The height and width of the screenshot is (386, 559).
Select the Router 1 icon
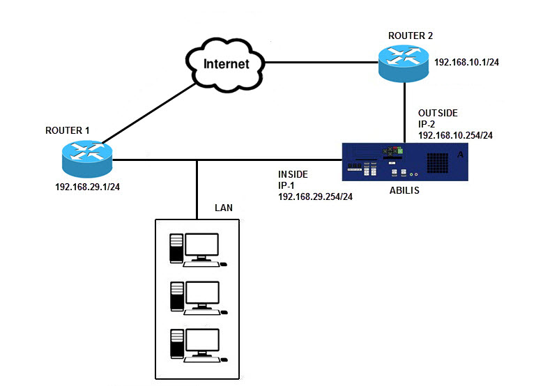tap(87, 158)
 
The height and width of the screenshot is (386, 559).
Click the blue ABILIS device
tap(404, 162)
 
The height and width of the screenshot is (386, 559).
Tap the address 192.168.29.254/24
tap(315, 197)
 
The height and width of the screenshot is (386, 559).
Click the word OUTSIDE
tap(438, 112)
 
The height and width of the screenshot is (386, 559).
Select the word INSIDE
tap(293, 173)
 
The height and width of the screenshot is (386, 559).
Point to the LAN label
tap(224, 208)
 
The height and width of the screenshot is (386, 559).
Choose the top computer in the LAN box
tap(198, 249)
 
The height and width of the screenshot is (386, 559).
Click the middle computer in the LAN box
tap(198, 297)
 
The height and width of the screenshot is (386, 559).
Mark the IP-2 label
tap(427, 123)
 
